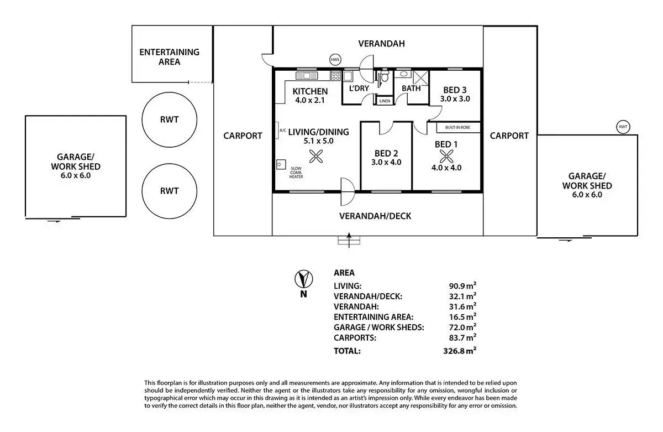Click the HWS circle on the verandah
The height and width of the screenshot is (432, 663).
pyautogui.click(x=335, y=60)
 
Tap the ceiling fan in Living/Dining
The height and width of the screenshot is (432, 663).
pyautogui.click(x=316, y=157)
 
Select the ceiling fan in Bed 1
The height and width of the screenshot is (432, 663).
pyautogui.click(x=446, y=157)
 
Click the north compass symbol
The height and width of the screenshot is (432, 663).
pyautogui.click(x=304, y=279)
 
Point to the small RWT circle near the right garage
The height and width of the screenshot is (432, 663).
pyautogui.click(x=623, y=127)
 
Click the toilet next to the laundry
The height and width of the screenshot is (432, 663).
pyautogui.click(x=384, y=76)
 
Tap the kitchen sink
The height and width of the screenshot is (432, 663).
pyautogui.click(x=307, y=76)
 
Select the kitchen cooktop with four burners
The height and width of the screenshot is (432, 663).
pyautogui.click(x=336, y=76)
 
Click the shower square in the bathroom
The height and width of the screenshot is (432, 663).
pyautogui.click(x=421, y=78)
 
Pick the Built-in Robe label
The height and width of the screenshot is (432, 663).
pyautogui.click(x=457, y=127)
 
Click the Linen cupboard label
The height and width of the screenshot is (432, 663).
pyautogui.click(x=385, y=101)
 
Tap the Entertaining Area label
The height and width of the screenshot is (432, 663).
pyautogui.click(x=169, y=57)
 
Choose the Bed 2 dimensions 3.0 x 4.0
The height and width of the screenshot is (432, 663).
pyautogui.click(x=386, y=163)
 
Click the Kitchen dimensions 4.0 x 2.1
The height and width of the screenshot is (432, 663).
pyautogui.click(x=310, y=101)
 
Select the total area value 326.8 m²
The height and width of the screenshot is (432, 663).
pyautogui.click(x=460, y=351)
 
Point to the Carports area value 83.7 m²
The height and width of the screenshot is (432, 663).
pyautogui.click(x=462, y=337)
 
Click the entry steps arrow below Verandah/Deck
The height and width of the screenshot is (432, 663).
pyautogui.click(x=349, y=240)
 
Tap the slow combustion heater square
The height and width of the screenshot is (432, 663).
pyautogui.click(x=281, y=164)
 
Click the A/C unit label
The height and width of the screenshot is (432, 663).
pyautogui.click(x=283, y=131)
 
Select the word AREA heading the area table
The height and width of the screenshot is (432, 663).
pyautogui.click(x=344, y=273)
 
